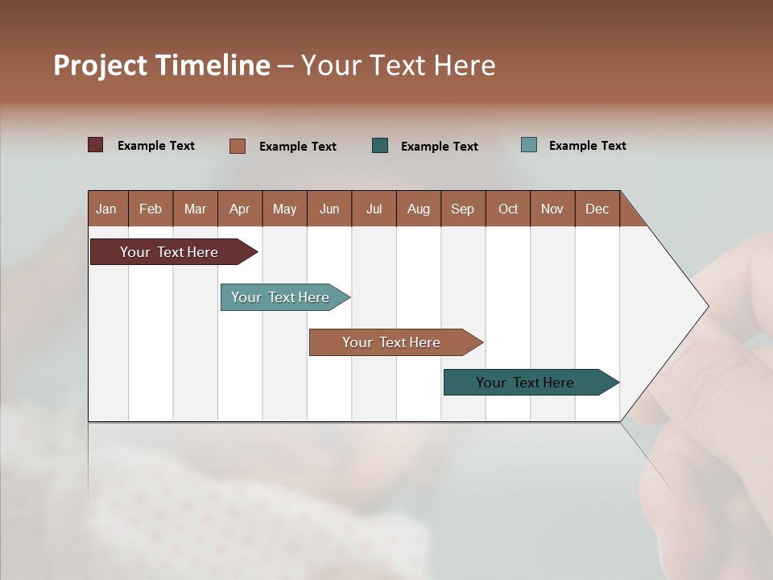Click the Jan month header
(x=106, y=209)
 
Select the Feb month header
(x=151, y=209)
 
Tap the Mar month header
(x=195, y=209)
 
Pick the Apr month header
(x=239, y=209)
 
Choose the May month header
(x=284, y=209)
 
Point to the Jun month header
(x=329, y=209)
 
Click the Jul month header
(x=374, y=209)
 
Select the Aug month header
(x=418, y=209)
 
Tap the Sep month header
(x=462, y=209)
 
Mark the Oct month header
(x=508, y=209)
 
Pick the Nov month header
(x=552, y=209)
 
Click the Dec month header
(x=597, y=209)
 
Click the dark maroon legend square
(x=96, y=145)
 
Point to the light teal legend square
(x=529, y=145)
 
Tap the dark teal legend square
(x=380, y=146)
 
